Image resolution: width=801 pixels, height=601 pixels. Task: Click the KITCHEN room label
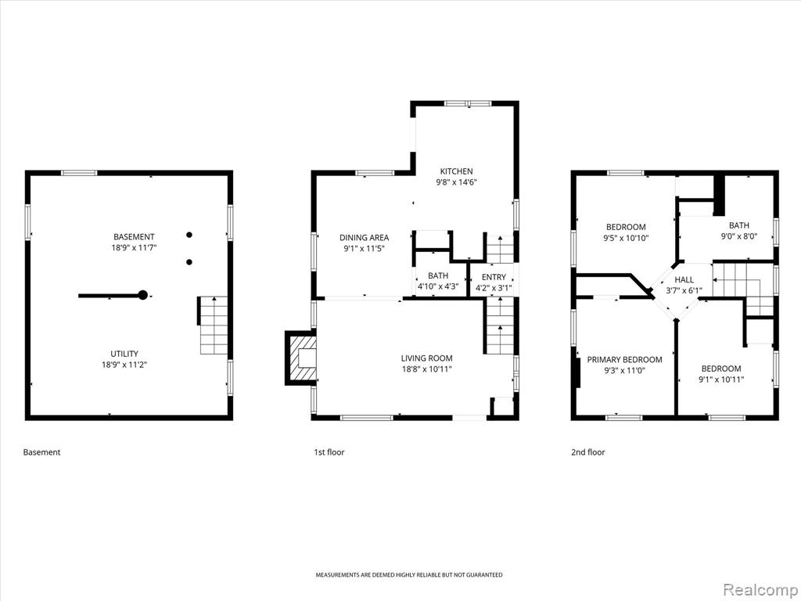tap(456, 171)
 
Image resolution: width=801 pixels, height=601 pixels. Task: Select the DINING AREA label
tap(364, 238)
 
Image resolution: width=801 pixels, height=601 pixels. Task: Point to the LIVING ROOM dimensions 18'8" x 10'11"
tap(426, 369)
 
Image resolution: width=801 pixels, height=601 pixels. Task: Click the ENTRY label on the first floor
tap(494, 277)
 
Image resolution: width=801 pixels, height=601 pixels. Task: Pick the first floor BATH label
tap(438, 275)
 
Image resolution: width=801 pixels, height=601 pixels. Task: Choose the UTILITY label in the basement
tap(124, 354)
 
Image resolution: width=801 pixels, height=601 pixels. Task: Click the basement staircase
tap(213, 326)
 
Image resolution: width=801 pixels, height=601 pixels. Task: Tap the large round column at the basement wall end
tap(143, 295)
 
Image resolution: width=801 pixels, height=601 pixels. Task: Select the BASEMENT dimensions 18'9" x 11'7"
tap(134, 248)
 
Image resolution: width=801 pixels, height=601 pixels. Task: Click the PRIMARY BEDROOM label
tap(624, 360)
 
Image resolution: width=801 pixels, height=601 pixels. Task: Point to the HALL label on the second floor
tap(684, 279)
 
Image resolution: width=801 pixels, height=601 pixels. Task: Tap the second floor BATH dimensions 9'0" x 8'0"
tap(738, 236)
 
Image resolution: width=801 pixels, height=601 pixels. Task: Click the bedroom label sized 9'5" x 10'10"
tap(626, 227)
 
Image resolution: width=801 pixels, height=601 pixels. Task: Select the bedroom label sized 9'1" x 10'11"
tap(720, 369)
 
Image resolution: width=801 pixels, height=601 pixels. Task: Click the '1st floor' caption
tap(329, 452)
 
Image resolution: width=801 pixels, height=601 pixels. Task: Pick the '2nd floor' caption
tap(588, 452)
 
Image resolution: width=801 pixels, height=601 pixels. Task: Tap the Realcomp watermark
tap(760, 590)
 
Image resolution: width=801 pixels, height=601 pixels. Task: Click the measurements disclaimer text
tap(408, 575)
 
